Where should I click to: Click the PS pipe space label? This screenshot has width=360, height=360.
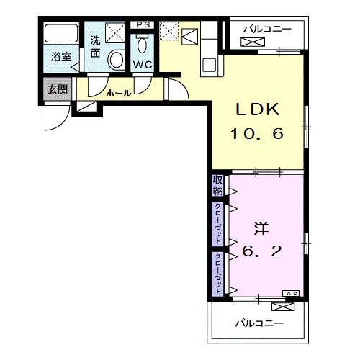click(143, 24)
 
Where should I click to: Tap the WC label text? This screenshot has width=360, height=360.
click(143, 65)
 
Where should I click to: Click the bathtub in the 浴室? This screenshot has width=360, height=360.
click(62, 33)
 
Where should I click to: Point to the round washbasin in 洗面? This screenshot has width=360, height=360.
click(116, 60)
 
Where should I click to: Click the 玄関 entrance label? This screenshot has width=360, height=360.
click(58, 89)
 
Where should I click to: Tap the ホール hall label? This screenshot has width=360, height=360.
click(119, 93)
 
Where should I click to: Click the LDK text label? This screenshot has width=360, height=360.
click(258, 109)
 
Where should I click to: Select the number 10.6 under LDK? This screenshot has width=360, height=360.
click(257, 133)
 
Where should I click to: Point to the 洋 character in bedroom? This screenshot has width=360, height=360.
click(261, 229)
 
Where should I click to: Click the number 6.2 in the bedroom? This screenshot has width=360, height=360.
click(262, 251)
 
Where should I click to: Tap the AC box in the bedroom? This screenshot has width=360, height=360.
click(291, 293)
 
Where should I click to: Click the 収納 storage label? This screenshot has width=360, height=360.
click(218, 186)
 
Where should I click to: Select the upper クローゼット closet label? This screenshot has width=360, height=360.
click(218, 223)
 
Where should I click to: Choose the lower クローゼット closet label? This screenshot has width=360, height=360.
click(218, 274)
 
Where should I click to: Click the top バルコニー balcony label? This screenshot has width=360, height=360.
click(267, 30)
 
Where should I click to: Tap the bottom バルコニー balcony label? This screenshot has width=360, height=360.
click(259, 323)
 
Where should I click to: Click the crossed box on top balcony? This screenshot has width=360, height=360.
click(253, 42)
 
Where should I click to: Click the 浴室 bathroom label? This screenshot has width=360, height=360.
click(61, 57)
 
